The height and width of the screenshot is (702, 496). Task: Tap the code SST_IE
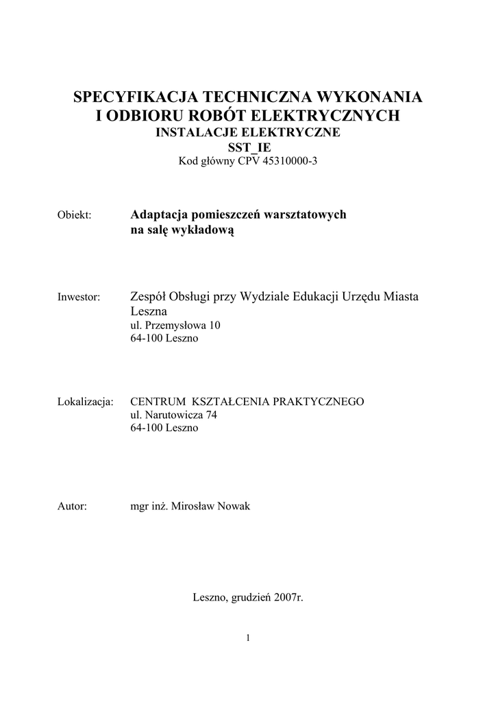pyautogui.click(x=248, y=147)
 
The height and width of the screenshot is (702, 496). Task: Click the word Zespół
pyautogui.click(x=151, y=296)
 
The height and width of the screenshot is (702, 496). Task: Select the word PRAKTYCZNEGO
pyautogui.click(x=319, y=402)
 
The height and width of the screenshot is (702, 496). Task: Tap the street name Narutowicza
pyautogui.click(x=177, y=415)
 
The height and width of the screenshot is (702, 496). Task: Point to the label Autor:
pyautogui.click(x=71, y=507)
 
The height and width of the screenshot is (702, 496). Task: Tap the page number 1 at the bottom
pyautogui.click(x=248, y=639)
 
